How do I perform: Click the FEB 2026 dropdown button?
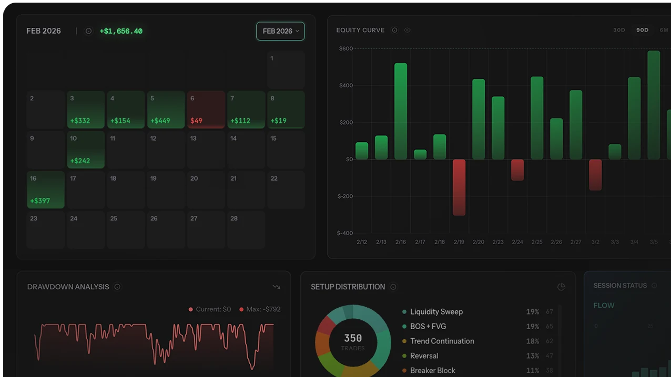(x=280, y=31)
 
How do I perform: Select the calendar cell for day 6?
(x=206, y=109)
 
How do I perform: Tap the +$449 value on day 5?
(x=160, y=121)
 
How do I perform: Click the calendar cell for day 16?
(x=46, y=190)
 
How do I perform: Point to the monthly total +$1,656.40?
(x=121, y=31)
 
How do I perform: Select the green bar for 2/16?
(x=401, y=111)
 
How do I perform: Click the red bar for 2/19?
(x=459, y=187)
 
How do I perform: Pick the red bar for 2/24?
(x=517, y=170)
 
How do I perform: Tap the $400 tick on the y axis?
(x=346, y=86)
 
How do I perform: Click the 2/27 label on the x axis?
(x=576, y=242)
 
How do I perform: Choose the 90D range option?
(x=642, y=30)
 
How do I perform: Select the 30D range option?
(x=619, y=30)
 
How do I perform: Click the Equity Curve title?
(x=360, y=30)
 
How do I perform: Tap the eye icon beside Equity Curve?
(x=407, y=30)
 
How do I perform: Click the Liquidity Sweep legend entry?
(x=436, y=311)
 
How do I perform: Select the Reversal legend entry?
(x=424, y=355)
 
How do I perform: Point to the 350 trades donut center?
(x=353, y=342)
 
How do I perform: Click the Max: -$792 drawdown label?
(x=263, y=309)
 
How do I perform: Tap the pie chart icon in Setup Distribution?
(x=561, y=287)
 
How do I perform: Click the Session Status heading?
(x=620, y=286)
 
